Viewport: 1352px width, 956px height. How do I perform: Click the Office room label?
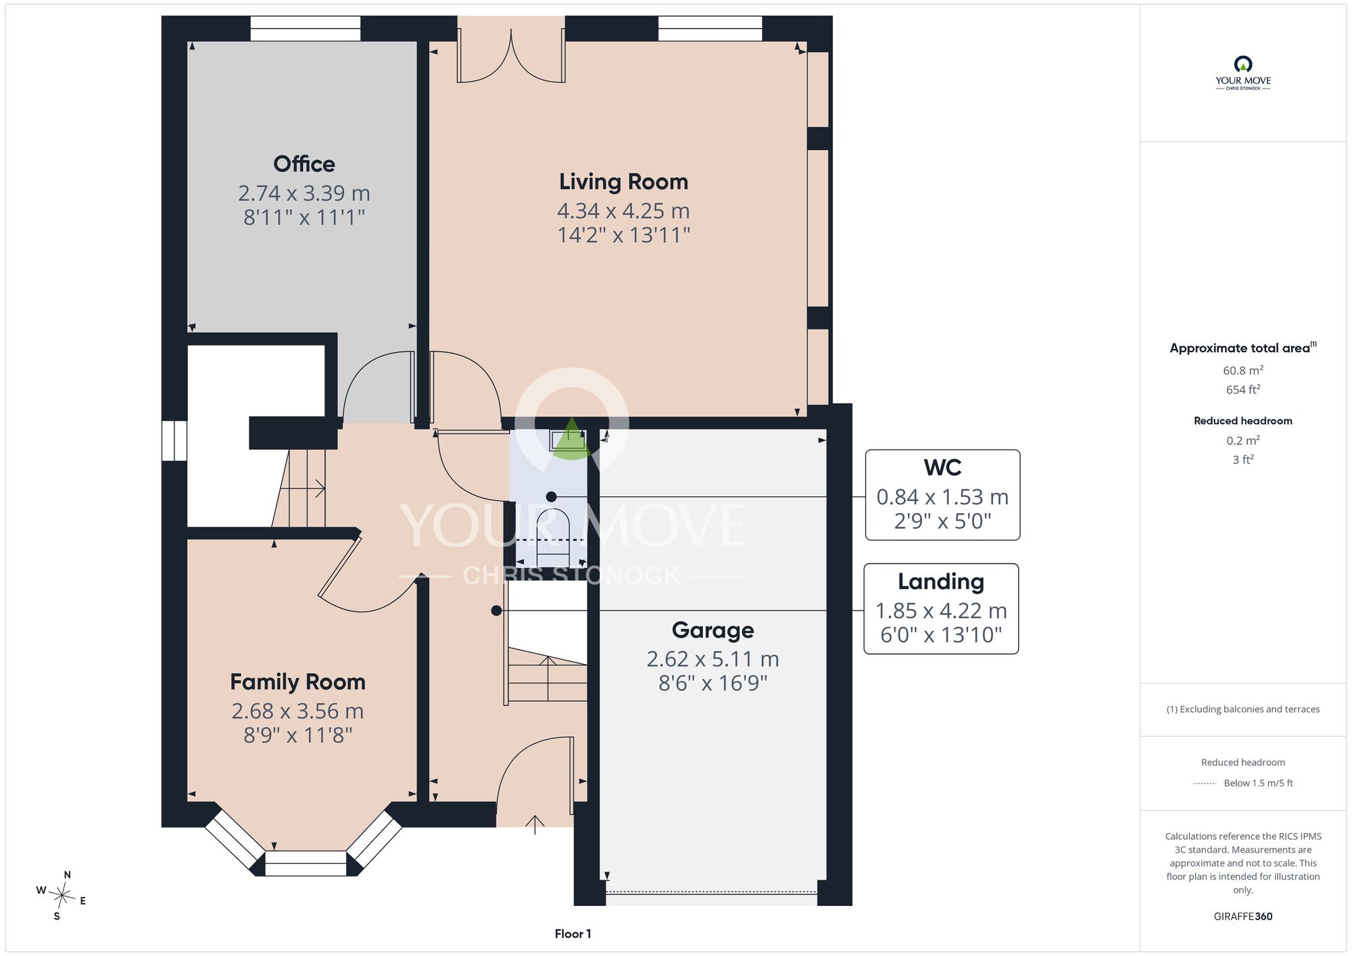[304, 164]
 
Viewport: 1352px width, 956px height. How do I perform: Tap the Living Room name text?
[623, 181]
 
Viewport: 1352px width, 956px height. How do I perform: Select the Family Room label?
[297, 682]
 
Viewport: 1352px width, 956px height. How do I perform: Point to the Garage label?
[713, 630]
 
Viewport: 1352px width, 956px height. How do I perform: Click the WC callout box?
[942, 495]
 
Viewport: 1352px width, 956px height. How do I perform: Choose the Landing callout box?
[941, 608]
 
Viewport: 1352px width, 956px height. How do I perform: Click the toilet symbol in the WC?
[553, 537]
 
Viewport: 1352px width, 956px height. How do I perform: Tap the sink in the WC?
[569, 440]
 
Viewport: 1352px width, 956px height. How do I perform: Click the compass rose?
[62, 896]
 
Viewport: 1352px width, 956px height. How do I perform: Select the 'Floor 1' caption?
[573, 934]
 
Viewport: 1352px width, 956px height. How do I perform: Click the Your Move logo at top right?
[1242, 73]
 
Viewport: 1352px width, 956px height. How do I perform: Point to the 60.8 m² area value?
[1242, 371]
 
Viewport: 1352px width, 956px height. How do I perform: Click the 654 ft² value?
[1242, 389]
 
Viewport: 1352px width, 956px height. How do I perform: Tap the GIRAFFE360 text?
[1242, 917]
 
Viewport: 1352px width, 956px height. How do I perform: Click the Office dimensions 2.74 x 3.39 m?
[304, 193]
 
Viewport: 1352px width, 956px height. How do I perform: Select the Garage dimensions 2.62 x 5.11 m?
[713, 659]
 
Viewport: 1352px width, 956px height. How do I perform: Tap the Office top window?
[306, 28]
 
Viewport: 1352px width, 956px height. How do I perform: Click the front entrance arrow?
[535, 824]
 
